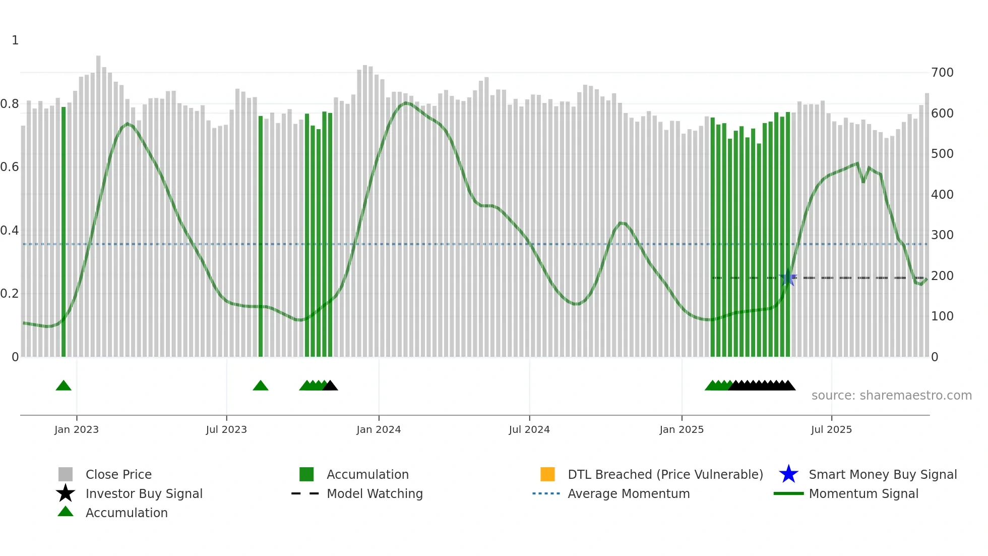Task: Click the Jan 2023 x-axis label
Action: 77,429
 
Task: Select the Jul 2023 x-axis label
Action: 226,429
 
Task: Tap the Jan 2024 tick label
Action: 379,429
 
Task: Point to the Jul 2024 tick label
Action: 529,429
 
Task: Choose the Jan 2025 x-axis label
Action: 682,429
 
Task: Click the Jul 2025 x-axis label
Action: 831,429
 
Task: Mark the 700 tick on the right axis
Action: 942,73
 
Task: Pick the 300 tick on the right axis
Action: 942,235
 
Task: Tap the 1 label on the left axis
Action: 15,40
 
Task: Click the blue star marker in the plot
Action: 788,278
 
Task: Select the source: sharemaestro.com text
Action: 891,396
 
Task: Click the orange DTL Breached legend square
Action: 547,474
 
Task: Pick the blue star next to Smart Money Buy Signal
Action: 788,474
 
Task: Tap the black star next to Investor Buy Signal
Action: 66,493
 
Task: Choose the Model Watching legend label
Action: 375,493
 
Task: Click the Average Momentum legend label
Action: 629,493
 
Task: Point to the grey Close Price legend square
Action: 66,474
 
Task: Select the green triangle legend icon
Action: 66,512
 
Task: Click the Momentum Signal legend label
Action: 863,493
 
